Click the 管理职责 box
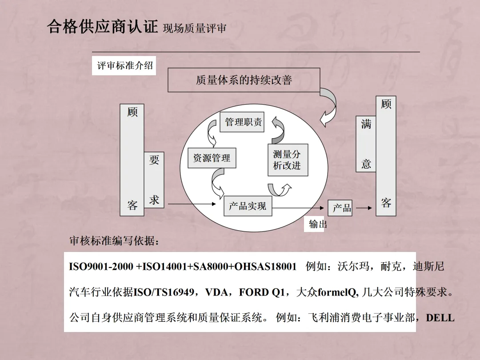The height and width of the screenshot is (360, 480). (242, 122)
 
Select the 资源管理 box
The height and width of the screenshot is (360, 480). (212, 158)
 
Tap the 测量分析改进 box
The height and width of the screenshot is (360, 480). (287, 160)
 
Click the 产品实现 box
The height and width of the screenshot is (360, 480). (248, 206)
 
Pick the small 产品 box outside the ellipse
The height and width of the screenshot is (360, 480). (340, 208)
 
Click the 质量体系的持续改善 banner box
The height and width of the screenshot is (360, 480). (244, 80)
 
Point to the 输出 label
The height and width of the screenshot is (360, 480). (318, 224)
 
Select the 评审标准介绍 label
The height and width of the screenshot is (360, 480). (124, 66)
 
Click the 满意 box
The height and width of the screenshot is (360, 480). (366, 144)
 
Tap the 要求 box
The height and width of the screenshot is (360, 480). (154, 180)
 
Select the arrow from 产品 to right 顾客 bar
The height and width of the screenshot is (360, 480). (364, 208)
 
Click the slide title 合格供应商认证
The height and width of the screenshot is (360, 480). (102, 27)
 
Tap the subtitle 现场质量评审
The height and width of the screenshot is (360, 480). (195, 28)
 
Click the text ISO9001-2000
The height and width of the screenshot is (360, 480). (101, 267)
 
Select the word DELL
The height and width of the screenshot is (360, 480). (440, 318)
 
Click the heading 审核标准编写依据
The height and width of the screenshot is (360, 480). (114, 241)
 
